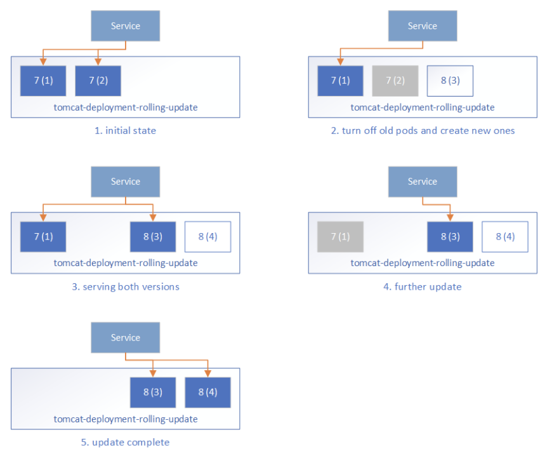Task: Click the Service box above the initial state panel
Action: [x=126, y=26]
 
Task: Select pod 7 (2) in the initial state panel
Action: [x=98, y=81]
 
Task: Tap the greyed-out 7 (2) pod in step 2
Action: [x=395, y=81]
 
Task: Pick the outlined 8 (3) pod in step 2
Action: [x=450, y=81]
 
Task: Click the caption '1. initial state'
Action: [x=126, y=131]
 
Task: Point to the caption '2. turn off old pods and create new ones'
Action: [x=423, y=131]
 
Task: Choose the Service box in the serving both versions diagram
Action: [x=126, y=182]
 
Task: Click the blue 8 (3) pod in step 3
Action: [x=153, y=237]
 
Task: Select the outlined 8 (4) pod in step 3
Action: [x=207, y=237]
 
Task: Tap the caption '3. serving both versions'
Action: [x=126, y=286]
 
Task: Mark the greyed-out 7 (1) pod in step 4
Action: [x=340, y=237]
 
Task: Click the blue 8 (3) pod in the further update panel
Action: [x=450, y=237]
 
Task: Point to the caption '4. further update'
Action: [x=423, y=286]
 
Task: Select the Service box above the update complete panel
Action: [x=126, y=338]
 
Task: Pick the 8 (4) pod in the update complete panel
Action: [x=207, y=392]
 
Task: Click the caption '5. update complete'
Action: [x=126, y=442]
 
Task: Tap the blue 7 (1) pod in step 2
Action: [x=340, y=81]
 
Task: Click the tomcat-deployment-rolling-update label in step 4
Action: [x=423, y=263]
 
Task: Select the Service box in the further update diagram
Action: [x=423, y=182]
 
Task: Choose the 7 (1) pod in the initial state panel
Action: [x=43, y=81]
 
